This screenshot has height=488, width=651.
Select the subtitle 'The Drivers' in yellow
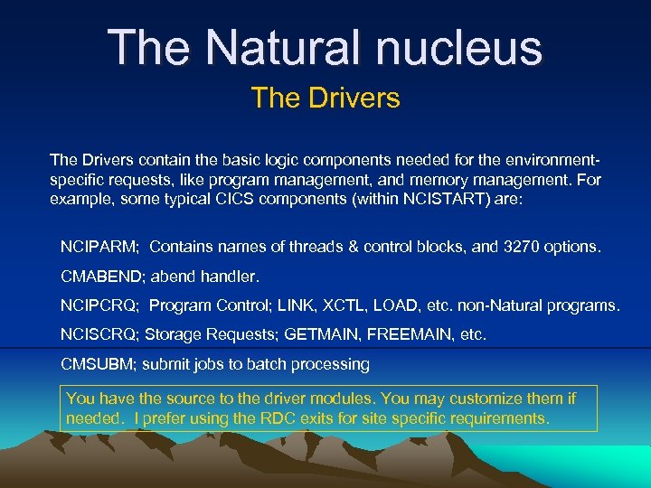point(325,98)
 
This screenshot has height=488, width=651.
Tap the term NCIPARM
point(99,246)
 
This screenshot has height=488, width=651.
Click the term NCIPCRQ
point(99,305)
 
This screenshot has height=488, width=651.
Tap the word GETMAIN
point(322,335)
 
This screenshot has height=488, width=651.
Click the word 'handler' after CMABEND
point(230,276)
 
